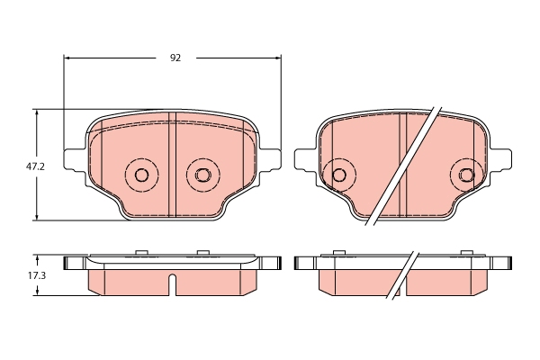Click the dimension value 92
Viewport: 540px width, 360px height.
click(x=175, y=58)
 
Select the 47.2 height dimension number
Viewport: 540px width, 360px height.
click(x=35, y=166)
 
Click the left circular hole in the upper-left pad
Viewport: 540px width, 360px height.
click(x=140, y=175)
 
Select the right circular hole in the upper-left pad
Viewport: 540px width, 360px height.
click(x=202, y=175)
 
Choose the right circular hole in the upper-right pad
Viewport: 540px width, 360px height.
click(x=466, y=175)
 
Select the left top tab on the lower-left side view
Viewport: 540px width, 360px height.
click(x=139, y=253)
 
